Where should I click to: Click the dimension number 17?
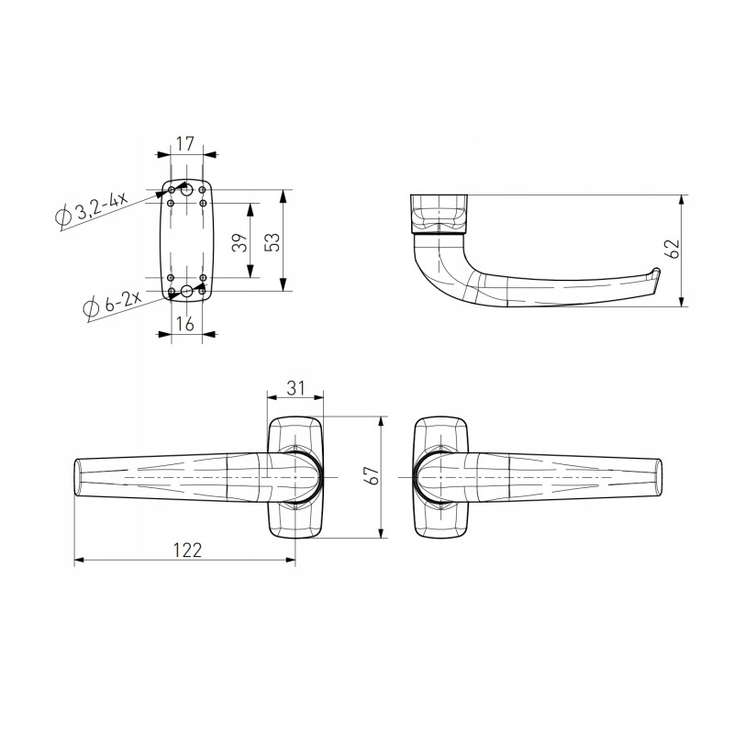tap(185, 144)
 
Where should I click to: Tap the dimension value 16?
tap(185, 323)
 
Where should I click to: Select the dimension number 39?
tap(240, 242)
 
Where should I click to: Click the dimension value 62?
tap(672, 249)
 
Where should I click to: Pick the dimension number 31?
tap(295, 388)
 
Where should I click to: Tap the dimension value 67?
tap(373, 475)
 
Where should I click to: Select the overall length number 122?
tap(187, 550)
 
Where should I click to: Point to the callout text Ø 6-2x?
tap(112, 306)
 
